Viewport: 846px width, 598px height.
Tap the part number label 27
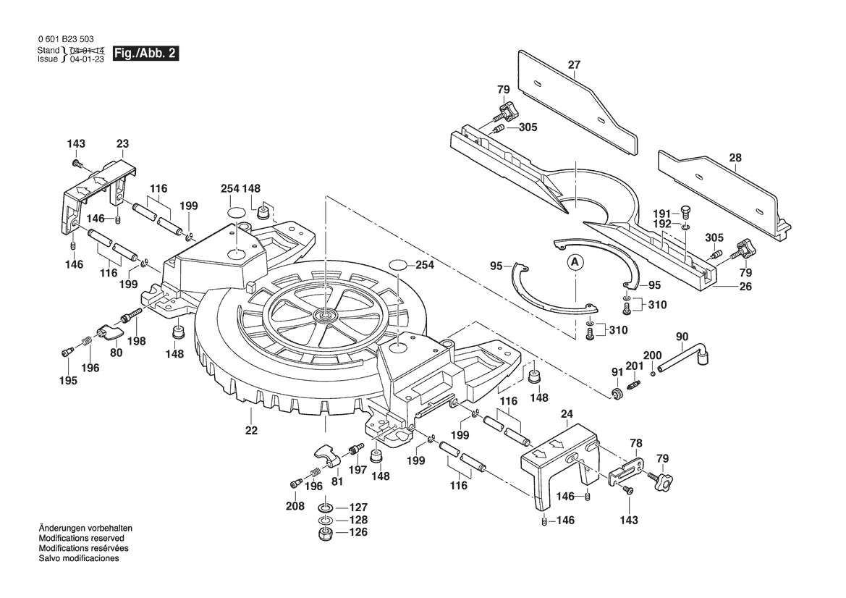click(574, 65)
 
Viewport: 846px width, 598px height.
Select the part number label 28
click(735, 157)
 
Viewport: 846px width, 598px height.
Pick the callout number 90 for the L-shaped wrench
click(682, 337)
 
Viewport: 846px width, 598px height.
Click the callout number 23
click(122, 143)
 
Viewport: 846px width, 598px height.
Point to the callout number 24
click(567, 415)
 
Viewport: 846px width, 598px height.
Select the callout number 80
click(117, 353)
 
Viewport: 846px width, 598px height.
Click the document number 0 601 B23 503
click(64, 38)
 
